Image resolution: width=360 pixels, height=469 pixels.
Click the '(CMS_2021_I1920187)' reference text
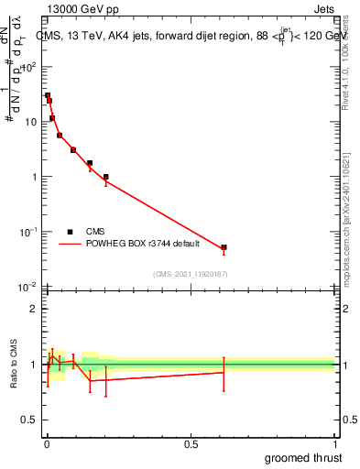191,274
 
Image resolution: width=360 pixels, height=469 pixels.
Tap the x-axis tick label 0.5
191,444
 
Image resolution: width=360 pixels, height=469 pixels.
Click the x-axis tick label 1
334,444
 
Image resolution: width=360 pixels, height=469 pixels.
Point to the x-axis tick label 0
47,444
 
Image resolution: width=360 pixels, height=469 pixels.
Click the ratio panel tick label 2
35,309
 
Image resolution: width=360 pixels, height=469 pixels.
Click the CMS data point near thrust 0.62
224,247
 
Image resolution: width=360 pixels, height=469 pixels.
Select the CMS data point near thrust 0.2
105,177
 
